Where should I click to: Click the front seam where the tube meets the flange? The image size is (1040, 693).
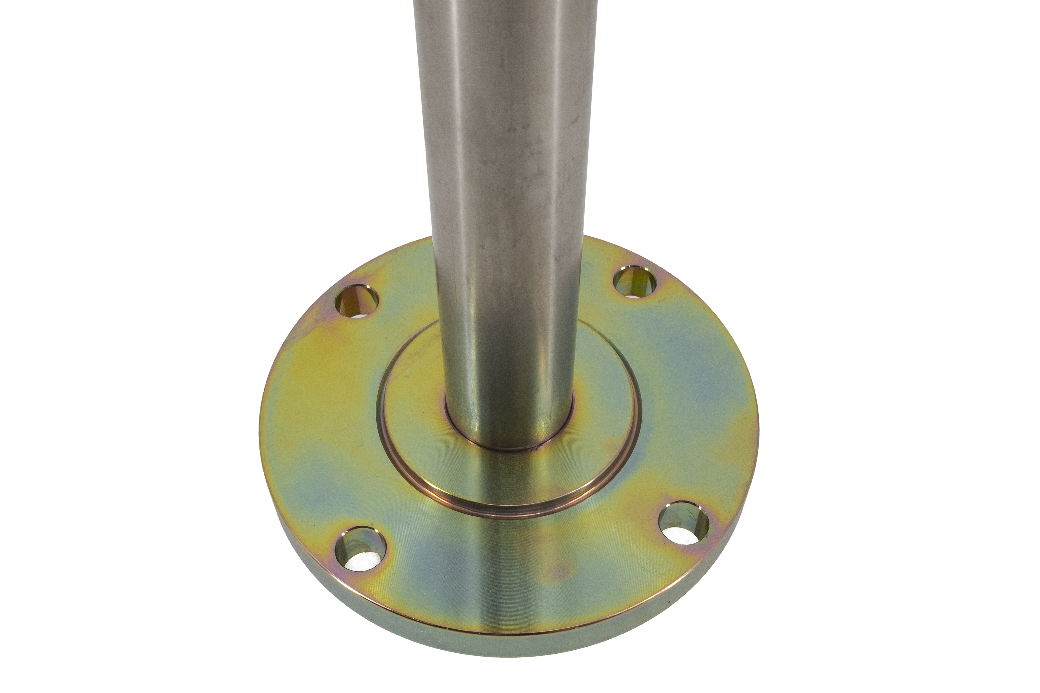coord(509,449)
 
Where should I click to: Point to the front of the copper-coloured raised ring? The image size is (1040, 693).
coord(509,513)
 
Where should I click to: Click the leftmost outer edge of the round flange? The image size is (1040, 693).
coord(261,424)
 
